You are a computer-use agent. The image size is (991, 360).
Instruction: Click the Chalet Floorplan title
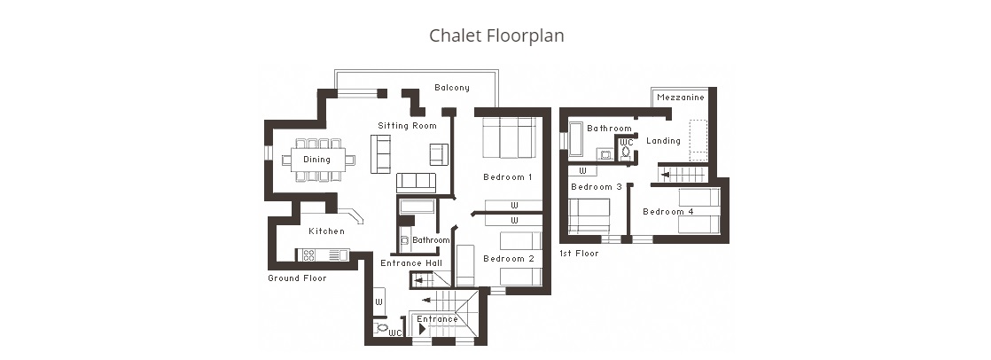click(x=496, y=35)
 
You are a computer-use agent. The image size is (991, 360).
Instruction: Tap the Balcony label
click(x=452, y=88)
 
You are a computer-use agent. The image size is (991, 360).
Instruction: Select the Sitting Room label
click(x=407, y=125)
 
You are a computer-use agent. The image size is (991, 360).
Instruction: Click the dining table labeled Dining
click(x=318, y=160)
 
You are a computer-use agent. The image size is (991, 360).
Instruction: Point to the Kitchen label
click(x=327, y=231)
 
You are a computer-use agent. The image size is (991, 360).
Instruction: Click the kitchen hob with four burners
click(x=308, y=255)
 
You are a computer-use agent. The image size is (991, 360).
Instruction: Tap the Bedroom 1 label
click(x=508, y=177)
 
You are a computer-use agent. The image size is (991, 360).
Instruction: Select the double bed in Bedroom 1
click(x=510, y=137)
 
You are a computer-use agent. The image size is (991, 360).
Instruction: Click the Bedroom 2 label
click(x=509, y=259)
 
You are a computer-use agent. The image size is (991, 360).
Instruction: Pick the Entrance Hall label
click(x=411, y=263)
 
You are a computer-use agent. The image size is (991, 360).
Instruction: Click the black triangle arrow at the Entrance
click(x=422, y=329)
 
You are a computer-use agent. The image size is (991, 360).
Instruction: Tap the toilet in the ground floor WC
click(x=380, y=328)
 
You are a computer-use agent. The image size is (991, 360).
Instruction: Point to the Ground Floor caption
click(x=297, y=278)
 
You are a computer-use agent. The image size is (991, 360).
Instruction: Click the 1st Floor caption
click(x=579, y=253)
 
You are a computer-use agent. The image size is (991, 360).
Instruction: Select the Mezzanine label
click(x=681, y=98)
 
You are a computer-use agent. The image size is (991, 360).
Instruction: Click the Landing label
click(x=663, y=141)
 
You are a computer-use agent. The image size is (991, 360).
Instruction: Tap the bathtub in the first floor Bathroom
click(x=576, y=138)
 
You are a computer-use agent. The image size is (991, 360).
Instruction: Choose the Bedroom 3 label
click(x=597, y=186)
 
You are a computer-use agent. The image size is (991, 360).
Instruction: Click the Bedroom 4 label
click(x=668, y=211)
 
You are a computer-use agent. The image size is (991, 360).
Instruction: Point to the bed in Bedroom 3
click(x=589, y=215)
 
